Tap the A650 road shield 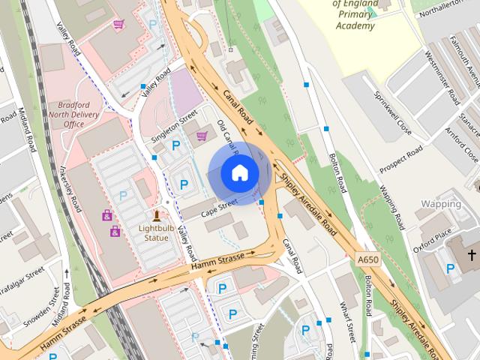[367, 259]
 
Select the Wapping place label [441, 204]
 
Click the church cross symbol [472, 256]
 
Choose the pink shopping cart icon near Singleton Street [202, 136]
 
